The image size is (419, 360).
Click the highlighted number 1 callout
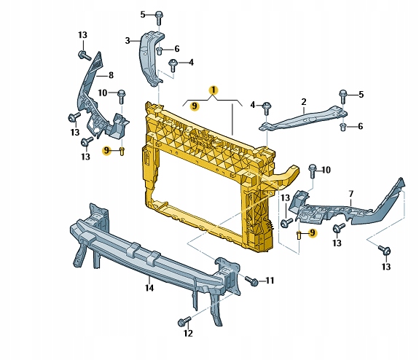[x=213, y=90]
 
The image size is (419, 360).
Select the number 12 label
[x=188, y=334]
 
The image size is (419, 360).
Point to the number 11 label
[x=269, y=281]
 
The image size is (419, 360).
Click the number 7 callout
[x=351, y=194]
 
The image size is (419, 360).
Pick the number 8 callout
[x=111, y=74]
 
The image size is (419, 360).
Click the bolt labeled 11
[x=251, y=280]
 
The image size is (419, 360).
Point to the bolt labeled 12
[x=182, y=321]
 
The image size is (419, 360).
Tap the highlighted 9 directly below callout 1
[x=195, y=106]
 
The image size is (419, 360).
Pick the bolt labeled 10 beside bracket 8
[x=121, y=94]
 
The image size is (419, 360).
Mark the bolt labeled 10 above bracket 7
[x=313, y=171]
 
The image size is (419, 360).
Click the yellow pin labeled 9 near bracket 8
[x=122, y=151]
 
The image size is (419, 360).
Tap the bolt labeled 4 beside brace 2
[x=267, y=106]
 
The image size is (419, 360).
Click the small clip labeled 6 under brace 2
[x=342, y=127]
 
